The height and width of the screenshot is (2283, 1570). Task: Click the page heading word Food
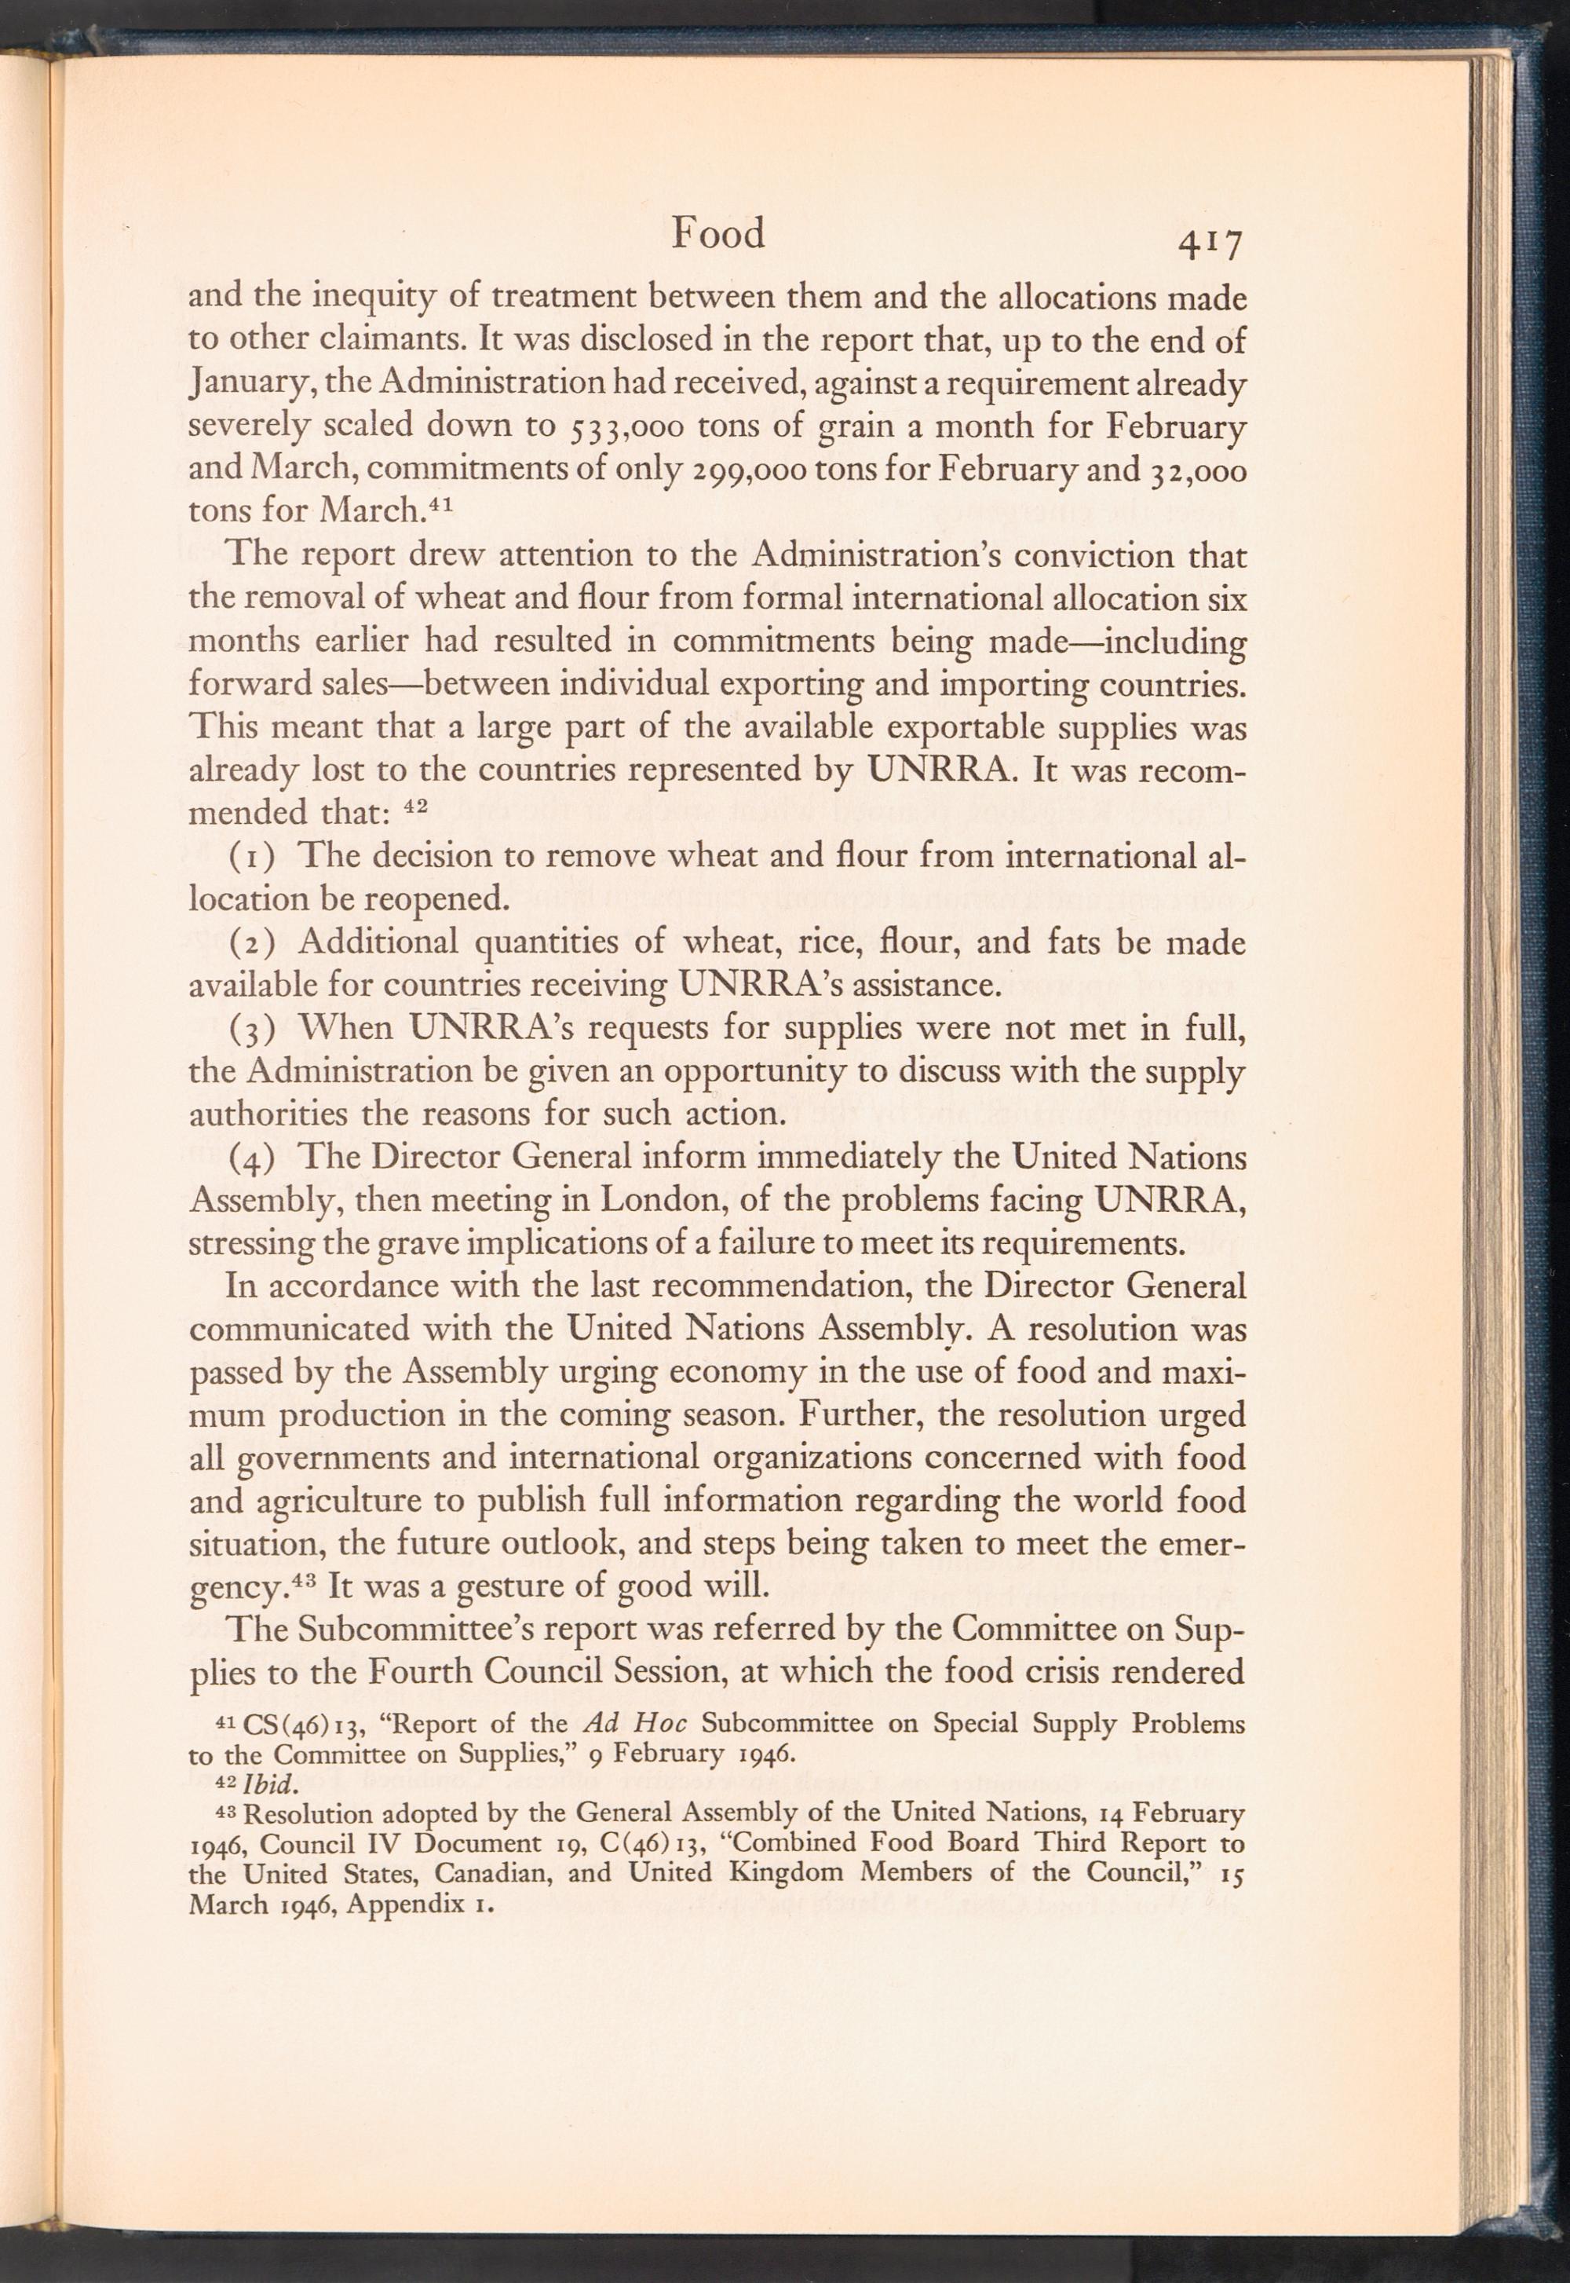pyautogui.click(x=717, y=234)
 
